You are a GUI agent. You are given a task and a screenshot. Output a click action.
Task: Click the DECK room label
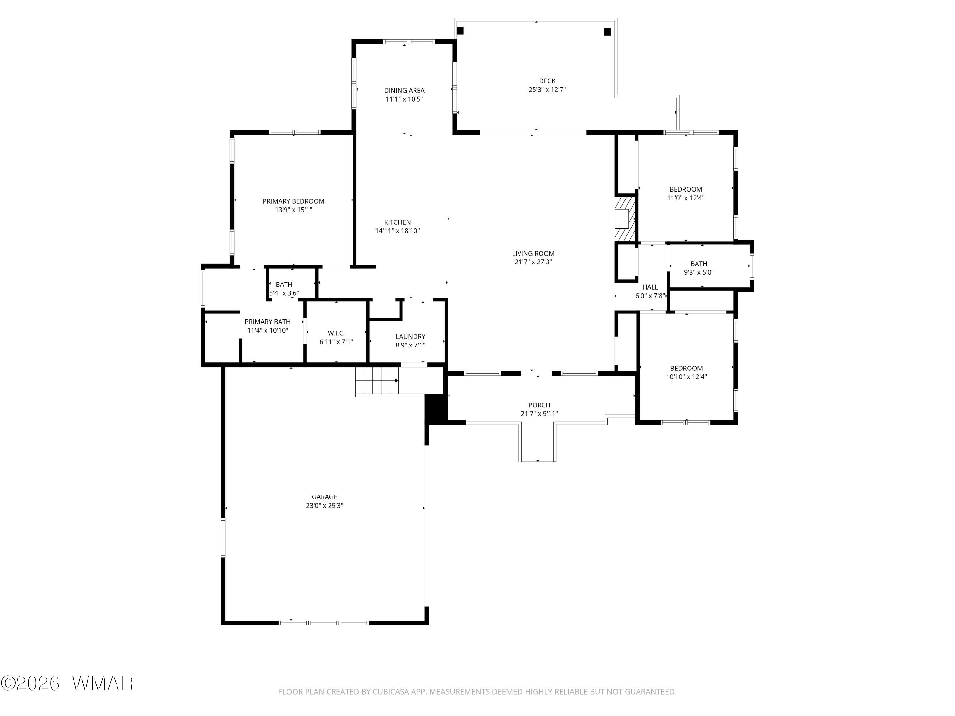(x=547, y=81)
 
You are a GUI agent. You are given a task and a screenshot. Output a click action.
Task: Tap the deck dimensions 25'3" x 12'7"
(x=547, y=90)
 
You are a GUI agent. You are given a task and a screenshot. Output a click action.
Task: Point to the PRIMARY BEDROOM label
(x=294, y=201)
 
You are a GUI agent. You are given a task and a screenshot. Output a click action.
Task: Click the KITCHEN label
(x=397, y=222)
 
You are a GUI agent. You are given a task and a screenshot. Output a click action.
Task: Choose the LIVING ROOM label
(x=533, y=253)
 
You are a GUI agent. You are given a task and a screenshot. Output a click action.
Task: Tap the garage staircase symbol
(x=377, y=381)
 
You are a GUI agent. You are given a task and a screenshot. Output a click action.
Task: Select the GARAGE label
(x=325, y=497)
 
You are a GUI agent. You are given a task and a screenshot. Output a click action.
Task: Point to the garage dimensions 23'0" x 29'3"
(x=325, y=506)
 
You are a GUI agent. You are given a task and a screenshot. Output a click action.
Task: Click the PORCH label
(x=539, y=405)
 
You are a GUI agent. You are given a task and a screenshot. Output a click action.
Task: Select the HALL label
(x=650, y=287)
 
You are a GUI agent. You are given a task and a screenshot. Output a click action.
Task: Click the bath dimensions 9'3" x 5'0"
(x=698, y=272)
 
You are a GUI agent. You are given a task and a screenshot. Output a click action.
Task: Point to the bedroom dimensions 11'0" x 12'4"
(x=686, y=198)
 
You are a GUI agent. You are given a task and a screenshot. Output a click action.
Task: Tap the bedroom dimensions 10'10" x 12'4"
(x=686, y=377)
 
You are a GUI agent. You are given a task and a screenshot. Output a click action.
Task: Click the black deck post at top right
(x=607, y=32)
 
